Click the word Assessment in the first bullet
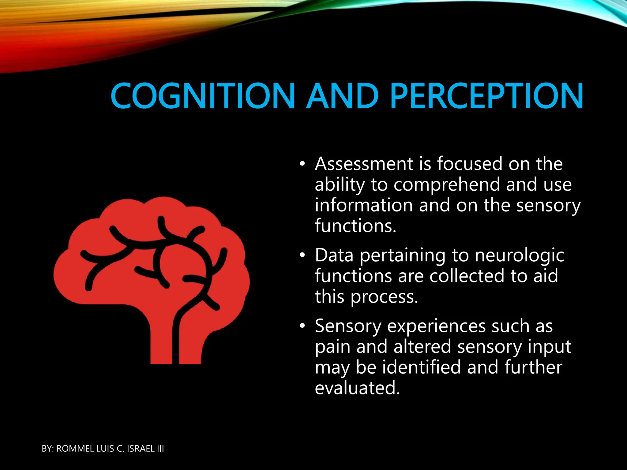[x=364, y=164]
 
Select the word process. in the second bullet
[x=384, y=297]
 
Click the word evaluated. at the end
[x=357, y=388]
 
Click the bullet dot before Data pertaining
[x=302, y=255]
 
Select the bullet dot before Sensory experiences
[x=302, y=326]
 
